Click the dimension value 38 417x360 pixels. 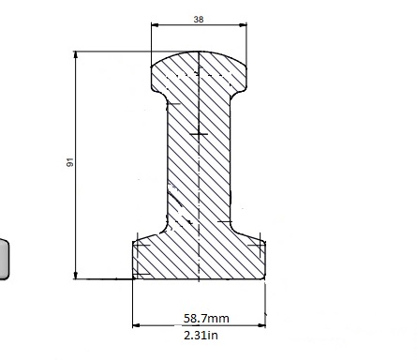199,20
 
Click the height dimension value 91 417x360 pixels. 70,162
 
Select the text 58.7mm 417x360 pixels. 206,319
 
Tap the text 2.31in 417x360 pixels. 201,336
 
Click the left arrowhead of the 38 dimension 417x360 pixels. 155,25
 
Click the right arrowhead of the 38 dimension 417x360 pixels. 243,25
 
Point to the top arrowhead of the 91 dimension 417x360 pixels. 76,55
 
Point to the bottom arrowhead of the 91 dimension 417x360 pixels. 76,275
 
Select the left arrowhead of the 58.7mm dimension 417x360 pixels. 137,325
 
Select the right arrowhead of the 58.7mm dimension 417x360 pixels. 261,325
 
